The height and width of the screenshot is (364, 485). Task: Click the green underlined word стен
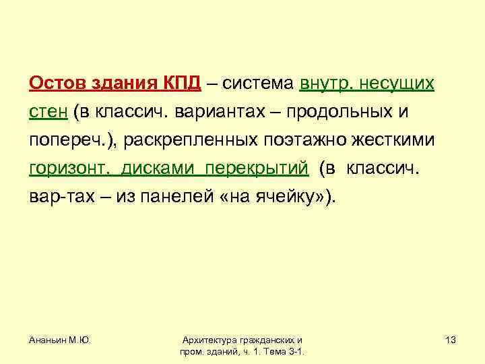48,111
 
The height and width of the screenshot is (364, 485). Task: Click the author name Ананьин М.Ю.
60,340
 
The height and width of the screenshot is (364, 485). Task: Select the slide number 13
450,340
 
